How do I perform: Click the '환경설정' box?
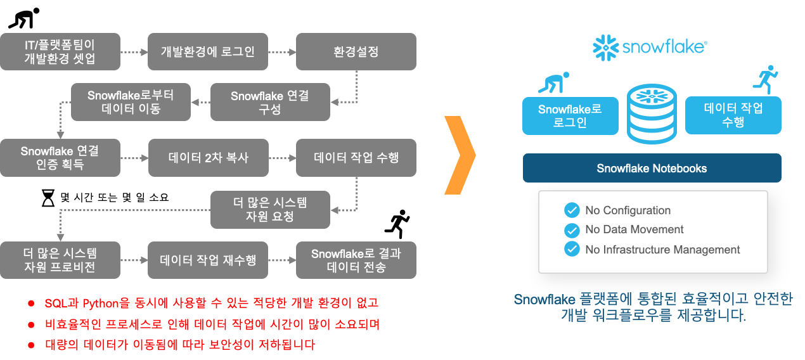click(356, 52)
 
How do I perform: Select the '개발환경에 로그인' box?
click(208, 52)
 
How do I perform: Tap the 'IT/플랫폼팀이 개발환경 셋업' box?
click(60, 52)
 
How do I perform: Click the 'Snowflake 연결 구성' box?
click(270, 102)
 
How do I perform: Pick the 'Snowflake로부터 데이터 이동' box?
click(131, 102)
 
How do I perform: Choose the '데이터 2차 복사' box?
click(209, 158)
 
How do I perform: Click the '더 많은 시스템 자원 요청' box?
click(270, 210)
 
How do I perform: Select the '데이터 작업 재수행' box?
click(208, 260)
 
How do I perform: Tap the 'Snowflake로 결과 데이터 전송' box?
click(356, 260)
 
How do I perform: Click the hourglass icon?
click(48, 198)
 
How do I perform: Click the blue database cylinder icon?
click(652, 114)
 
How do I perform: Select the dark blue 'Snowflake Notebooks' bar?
click(652, 168)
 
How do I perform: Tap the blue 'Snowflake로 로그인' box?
click(570, 116)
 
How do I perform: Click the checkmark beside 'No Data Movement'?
click(572, 230)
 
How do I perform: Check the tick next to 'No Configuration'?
click(572, 210)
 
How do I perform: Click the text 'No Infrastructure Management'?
click(662, 249)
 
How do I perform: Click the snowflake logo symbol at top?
click(605, 48)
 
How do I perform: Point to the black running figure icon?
click(397, 224)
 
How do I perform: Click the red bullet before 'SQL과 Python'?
click(31, 304)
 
